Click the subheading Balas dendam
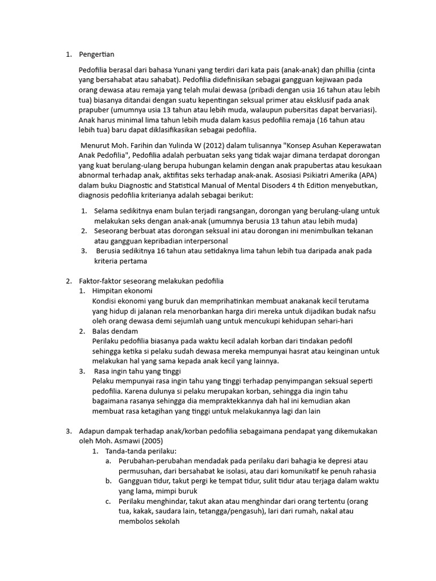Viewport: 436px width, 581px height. tap(115, 331)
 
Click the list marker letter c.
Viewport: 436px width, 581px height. tap(108, 502)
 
